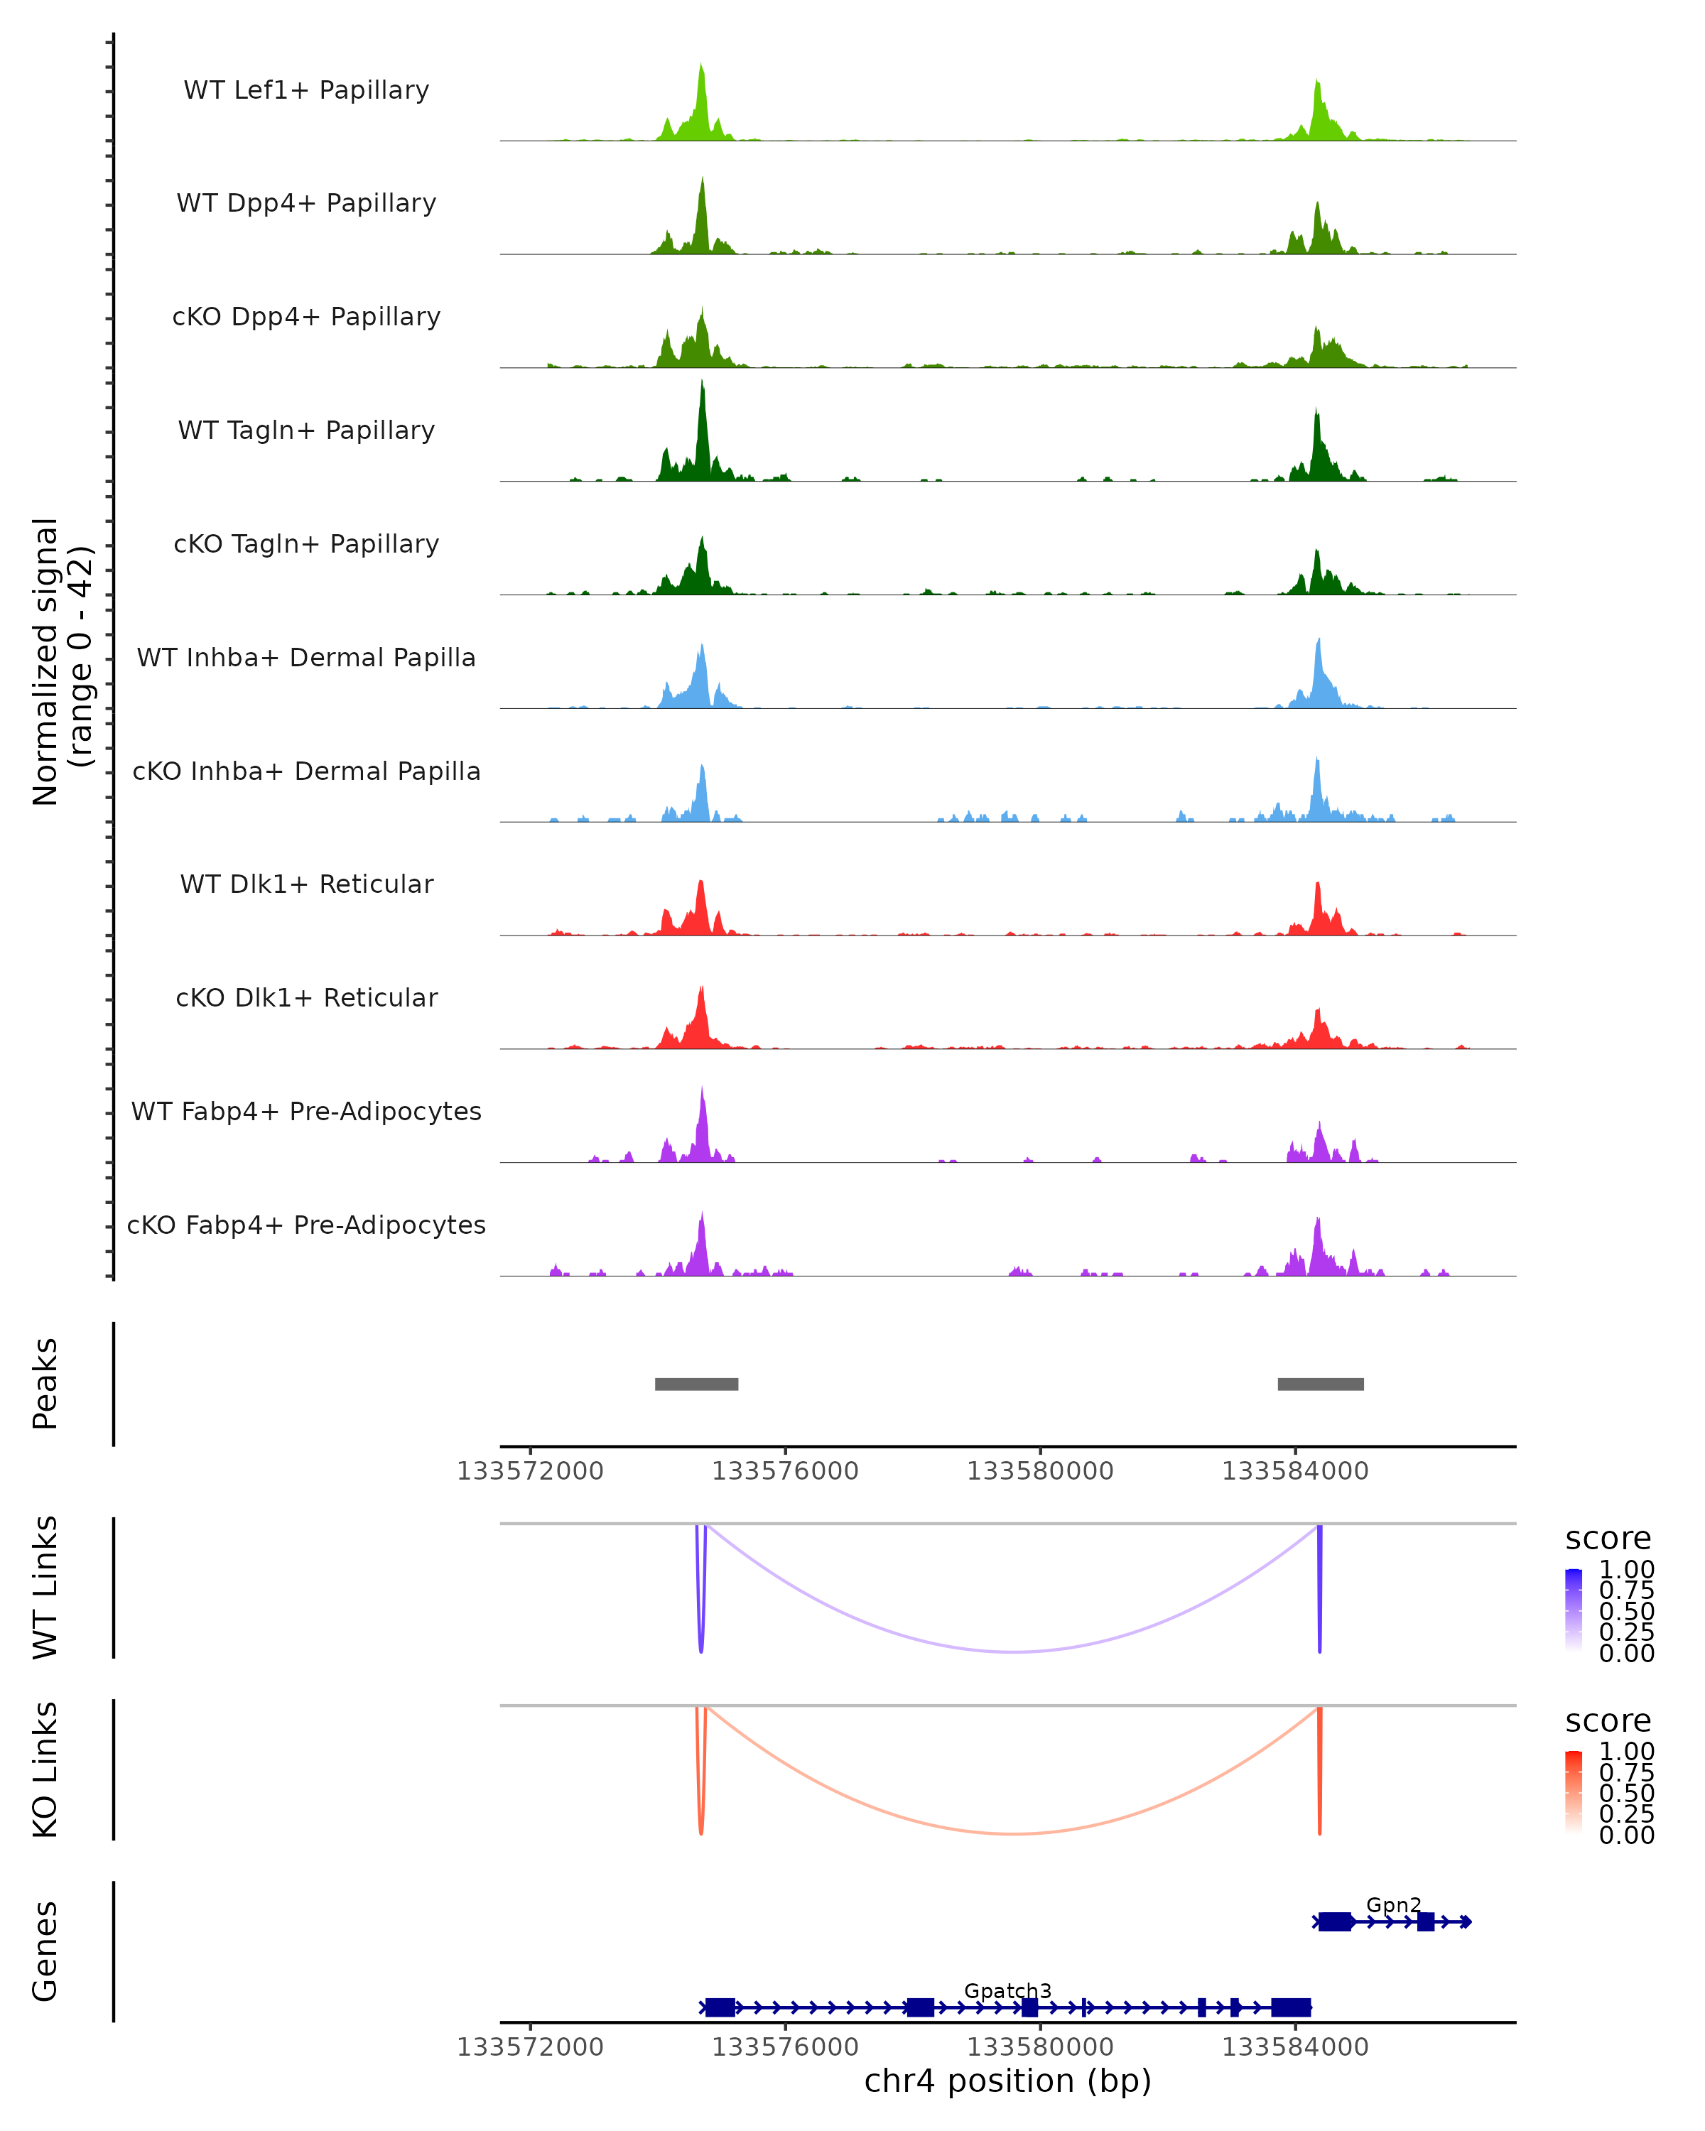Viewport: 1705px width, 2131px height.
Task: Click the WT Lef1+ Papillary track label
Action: click(x=306, y=90)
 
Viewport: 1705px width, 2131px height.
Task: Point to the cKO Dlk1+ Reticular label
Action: click(x=306, y=997)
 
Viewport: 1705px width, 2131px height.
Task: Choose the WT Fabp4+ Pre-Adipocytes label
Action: click(x=306, y=1111)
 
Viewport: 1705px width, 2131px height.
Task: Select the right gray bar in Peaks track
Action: click(x=1321, y=1384)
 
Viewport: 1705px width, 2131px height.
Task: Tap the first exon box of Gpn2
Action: click(x=1334, y=1921)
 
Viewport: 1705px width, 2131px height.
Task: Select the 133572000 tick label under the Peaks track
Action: click(x=530, y=1471)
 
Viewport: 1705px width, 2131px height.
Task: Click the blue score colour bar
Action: click(x=1574, y=1610)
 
